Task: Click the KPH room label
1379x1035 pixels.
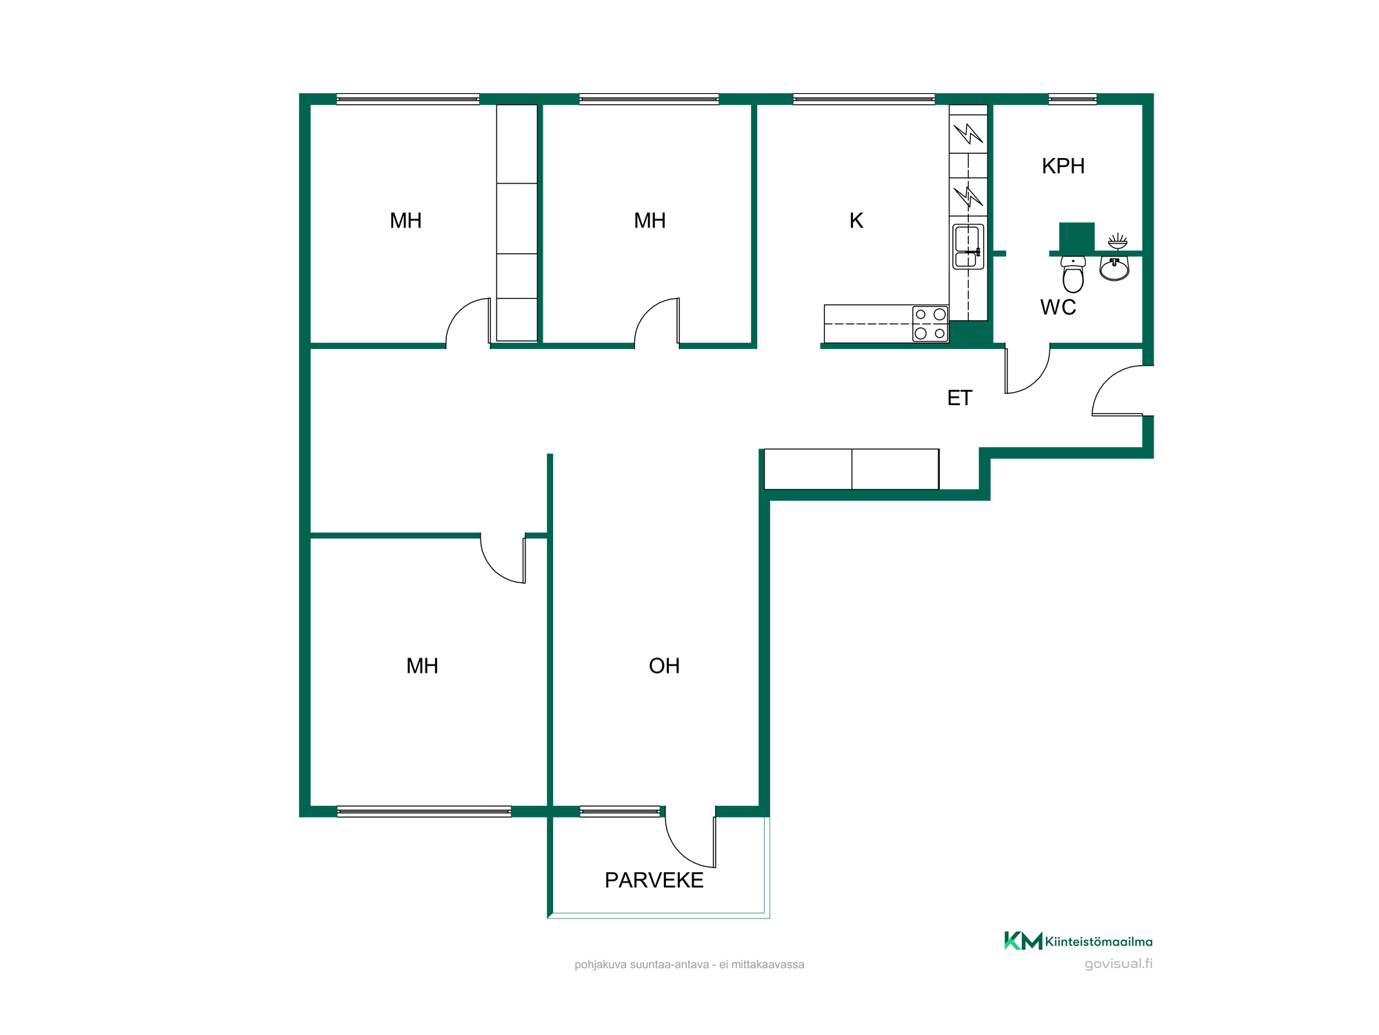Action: [1063, 166]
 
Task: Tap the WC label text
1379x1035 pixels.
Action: [1058, 307]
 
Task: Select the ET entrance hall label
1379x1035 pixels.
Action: [960, 398]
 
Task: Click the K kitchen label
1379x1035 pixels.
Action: [856, 221]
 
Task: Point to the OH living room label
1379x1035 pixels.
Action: [664, 666]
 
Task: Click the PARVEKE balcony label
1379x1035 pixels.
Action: [654, 880]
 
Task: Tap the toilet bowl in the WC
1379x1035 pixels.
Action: [1073, 274]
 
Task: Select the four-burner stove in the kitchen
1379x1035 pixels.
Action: [930, 324]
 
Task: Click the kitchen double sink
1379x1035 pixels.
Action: [968, 247]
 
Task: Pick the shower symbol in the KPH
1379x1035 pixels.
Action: [1117, 241]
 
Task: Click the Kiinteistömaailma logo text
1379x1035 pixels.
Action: [1098, 942]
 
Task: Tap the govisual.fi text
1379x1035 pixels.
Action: [1118, 964]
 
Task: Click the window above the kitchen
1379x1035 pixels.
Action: [864, 99]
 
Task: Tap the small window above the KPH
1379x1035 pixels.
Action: [1072, 99]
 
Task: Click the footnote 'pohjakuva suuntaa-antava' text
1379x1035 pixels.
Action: [641, 965]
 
